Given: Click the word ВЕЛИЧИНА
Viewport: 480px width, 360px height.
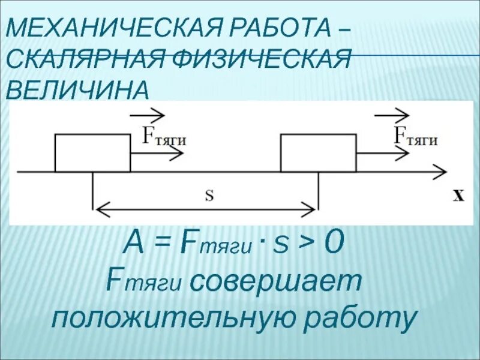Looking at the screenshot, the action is (77, 90).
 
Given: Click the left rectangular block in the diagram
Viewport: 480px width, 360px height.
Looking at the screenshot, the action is (92, 153).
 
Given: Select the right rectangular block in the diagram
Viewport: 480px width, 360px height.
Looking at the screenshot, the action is (318, 153).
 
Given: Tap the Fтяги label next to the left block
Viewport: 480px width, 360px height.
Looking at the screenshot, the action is (163, 136).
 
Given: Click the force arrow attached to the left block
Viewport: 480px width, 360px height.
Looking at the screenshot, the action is (156, 154).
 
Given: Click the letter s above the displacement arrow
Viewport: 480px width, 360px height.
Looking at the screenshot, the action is (209, 196).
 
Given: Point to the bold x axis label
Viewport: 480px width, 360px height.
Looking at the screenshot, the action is (458, 196).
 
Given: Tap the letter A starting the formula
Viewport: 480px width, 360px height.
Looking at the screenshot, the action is (133, 244).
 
